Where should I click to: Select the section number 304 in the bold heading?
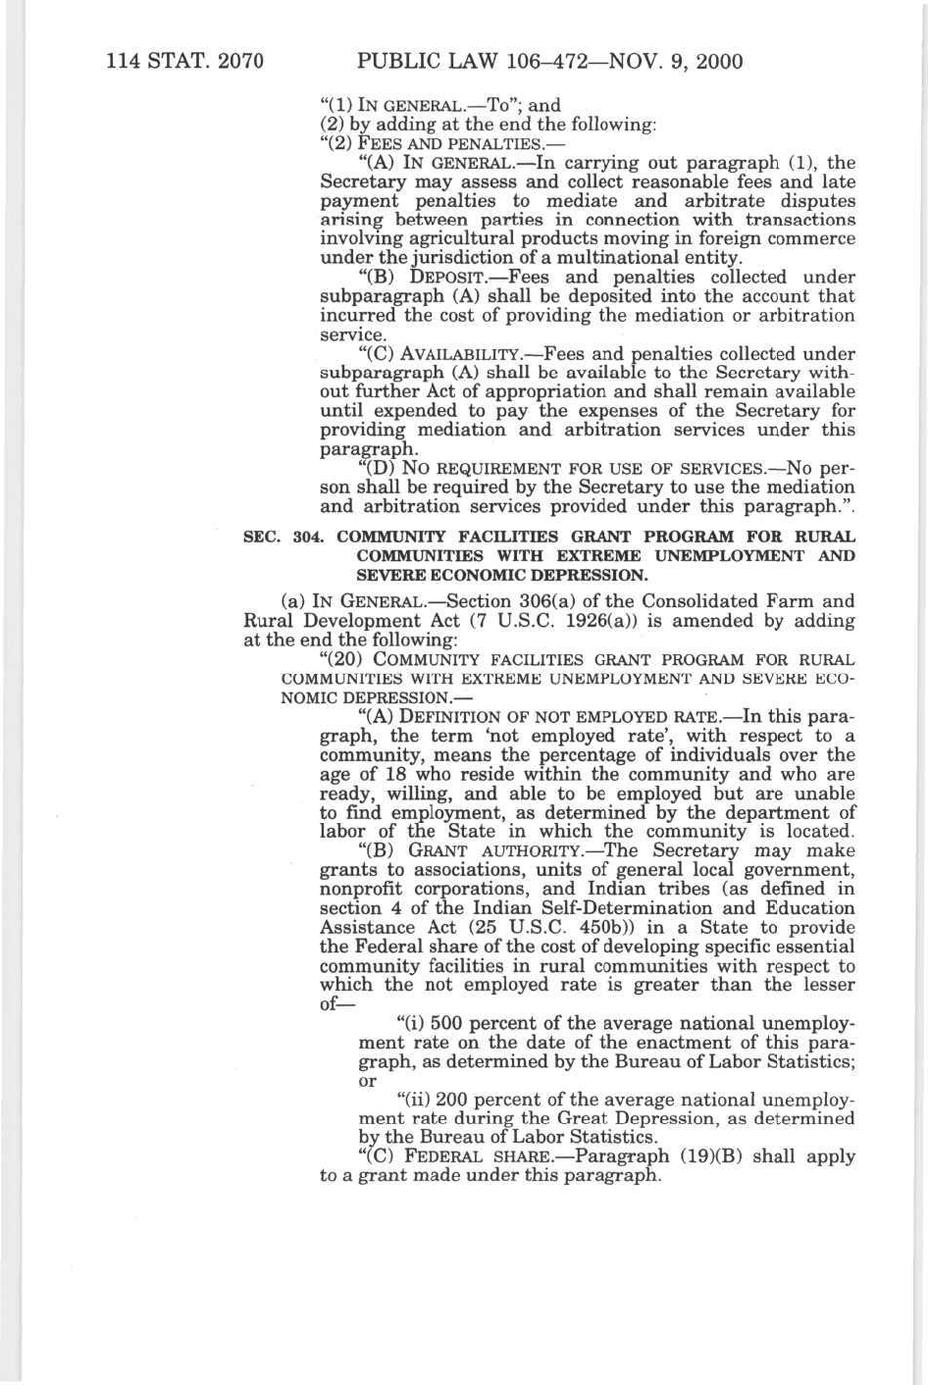307,538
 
